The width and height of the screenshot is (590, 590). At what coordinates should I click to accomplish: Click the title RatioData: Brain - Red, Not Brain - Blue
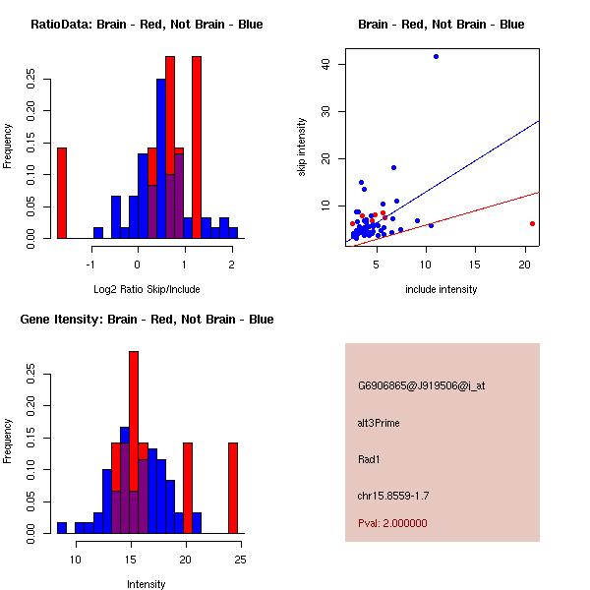coord(147,25)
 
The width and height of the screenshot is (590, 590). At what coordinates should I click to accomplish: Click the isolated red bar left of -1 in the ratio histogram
coord(62,193)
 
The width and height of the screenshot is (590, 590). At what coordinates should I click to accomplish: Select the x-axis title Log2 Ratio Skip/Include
coord(147,289)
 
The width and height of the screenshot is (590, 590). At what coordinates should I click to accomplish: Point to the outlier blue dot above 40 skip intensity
coord(436,57)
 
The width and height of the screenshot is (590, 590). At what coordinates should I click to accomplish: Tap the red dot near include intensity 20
coord(532,223)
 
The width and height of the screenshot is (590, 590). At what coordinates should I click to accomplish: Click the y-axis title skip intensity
coord(302,147)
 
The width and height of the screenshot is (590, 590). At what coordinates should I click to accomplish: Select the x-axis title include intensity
coord(442,289)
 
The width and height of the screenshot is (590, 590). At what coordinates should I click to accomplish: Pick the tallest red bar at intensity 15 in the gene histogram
coord(134,442)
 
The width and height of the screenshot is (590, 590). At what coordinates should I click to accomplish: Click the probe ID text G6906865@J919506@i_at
coord(421,385)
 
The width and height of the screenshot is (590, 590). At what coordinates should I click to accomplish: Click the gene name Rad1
coord(369,458)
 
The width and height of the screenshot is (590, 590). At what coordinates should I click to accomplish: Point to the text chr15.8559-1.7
coord(392,495)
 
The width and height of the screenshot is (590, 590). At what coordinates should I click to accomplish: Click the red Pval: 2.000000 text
coord(392,523)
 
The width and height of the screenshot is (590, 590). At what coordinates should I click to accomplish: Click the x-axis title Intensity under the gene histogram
coord(147,584)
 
